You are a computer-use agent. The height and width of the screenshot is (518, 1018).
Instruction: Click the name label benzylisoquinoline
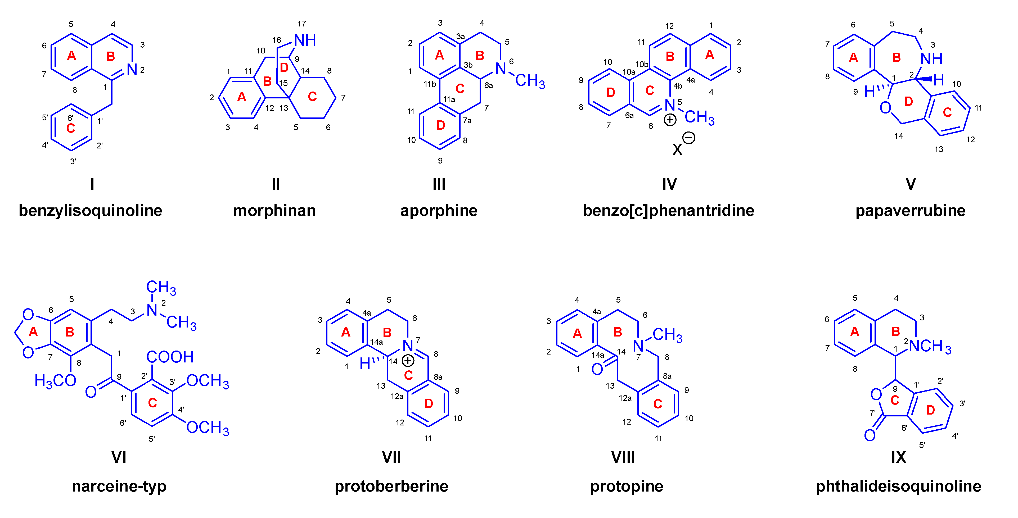[x=91, y=211]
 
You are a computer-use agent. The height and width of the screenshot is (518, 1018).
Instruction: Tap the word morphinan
[x=275, y=211]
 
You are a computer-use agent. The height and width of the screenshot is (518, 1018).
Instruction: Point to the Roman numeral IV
[x=669, y=184]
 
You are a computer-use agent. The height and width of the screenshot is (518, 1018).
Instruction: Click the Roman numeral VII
[x=391, y=457]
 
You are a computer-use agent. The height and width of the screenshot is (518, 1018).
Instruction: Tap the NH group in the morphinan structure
[x=305, y=40]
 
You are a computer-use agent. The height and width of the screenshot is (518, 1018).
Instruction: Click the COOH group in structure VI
[x=170, y=357]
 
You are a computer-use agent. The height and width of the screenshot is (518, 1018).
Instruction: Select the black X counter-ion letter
[x=677, y=150]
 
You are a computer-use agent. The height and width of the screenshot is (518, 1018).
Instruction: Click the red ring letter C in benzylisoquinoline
[x=71, y=128]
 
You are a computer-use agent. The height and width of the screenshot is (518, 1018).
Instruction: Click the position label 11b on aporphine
[x=430, y=84]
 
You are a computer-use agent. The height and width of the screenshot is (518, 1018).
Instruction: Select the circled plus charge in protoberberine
[x=408, y=360]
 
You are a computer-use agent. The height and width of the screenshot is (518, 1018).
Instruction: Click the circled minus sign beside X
[x=689, y=138]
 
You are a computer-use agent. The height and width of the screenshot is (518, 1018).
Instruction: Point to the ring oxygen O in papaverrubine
[x=885, y=107]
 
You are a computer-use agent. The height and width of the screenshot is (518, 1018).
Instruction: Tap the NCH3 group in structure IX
[x=930, y=347]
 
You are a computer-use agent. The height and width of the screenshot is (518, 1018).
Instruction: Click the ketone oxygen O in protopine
[x=597, y=369]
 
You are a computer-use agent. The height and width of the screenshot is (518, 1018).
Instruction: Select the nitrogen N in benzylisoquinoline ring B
[x=132, y=70]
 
